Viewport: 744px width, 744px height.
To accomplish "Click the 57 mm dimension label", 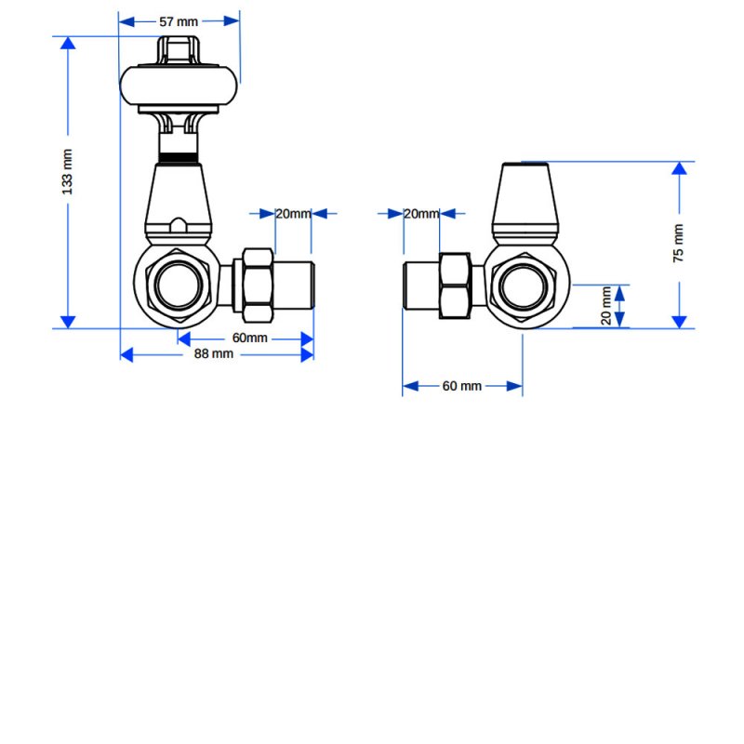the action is pyautogui.click(x=179, y=21).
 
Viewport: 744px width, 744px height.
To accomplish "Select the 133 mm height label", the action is pyautogui.click(x=67, y=172).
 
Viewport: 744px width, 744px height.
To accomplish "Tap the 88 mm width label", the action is pyautogui.click(x=214, y=354).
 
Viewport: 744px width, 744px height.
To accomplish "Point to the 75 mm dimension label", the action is pyautogui.click(x=679, y=243).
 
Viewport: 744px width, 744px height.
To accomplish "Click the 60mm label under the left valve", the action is pyautogui.click(x=249, y=338).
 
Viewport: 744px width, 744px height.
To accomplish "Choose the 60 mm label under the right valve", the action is pyautogui.click(x=461, y=386).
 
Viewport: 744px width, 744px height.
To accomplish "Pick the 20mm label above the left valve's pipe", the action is pyautogui.click(x=293, y=214).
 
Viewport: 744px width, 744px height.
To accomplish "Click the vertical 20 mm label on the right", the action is pyautogui.click(x=606, y=306).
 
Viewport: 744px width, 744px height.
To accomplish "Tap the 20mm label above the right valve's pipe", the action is pyautogui.click(x=421, y=214).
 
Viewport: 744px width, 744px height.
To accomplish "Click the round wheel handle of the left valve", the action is pyautogui.click(x=179, y=86).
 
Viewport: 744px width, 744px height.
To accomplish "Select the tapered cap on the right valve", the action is pyautogui.click(x=525, y=204).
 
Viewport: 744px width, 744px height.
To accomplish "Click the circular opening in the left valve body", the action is pyautogui.click(x=179, y=285).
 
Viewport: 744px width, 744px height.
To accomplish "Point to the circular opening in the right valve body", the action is pyautogui.click(x=524, y=286).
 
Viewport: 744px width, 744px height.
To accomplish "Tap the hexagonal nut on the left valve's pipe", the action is pyautogui.click(x=259, y=286).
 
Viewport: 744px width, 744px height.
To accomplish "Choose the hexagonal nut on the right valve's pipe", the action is pyautogui.click(x=455, y=286).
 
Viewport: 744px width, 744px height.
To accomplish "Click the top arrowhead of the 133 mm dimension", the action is pyautogui.click(x=68, y=43).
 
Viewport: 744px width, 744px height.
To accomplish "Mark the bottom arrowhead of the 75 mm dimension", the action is pyautogui.click(x=680, y=322).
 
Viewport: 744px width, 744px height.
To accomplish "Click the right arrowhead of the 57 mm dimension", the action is pyautogui.click(x=232, y=21).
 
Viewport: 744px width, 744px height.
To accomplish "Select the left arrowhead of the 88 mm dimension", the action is pyautogui.click(x=126, y=354).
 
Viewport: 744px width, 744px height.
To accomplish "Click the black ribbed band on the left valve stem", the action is pyautogui.click(x=179, y=158).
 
